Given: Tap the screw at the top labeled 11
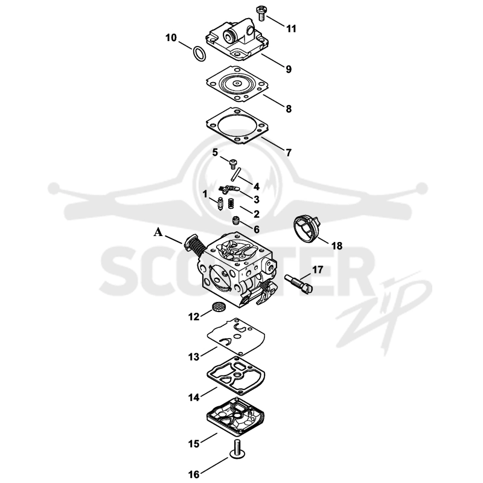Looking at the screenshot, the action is click(x=261, y=12).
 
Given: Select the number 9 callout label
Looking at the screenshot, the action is click(x=289, y=69).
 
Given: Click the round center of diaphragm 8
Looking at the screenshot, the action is click(x=237, y=83).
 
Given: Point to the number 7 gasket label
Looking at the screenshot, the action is click(x=289, y=153).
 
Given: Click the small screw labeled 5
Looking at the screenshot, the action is click(x=233, y=163).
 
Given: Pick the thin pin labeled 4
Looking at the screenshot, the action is click(x=235, y=174).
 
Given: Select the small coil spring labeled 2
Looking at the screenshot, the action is click(x=231, y=203).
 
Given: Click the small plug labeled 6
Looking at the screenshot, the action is click(x=235, y=221).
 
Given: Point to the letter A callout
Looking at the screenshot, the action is click(x=158, y=232).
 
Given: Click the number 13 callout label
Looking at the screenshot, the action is click(x=194, y=357).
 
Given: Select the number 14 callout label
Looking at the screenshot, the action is click(x=194, y=397).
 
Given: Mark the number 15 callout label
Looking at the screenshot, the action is click(x=194, y=444).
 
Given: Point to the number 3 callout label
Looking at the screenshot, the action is click(x=256, y=199).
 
